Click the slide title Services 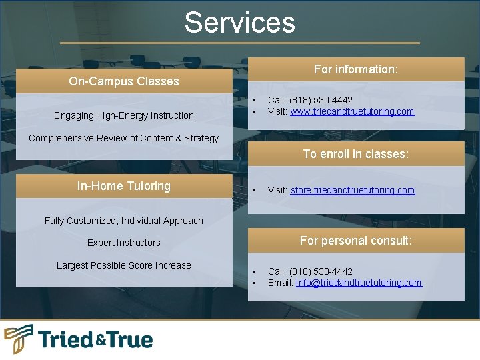coord(239,22)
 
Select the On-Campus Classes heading coord(124,81)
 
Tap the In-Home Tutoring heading coord(124,186)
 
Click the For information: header coord(356,69)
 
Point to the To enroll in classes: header coord(356,154)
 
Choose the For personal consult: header coord(356,241)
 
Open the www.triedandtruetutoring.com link coord(352,111)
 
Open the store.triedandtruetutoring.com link coord(352,190)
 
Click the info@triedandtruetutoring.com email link coord(359,283)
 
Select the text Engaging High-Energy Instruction coord(124,115)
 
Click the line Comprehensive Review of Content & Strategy coord(124,138)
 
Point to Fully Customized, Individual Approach coord(124,221)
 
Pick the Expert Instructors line coord(124,243)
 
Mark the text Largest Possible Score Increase coord(124,265)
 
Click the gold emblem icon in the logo coord(19,339)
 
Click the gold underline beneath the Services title coord(240,43)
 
